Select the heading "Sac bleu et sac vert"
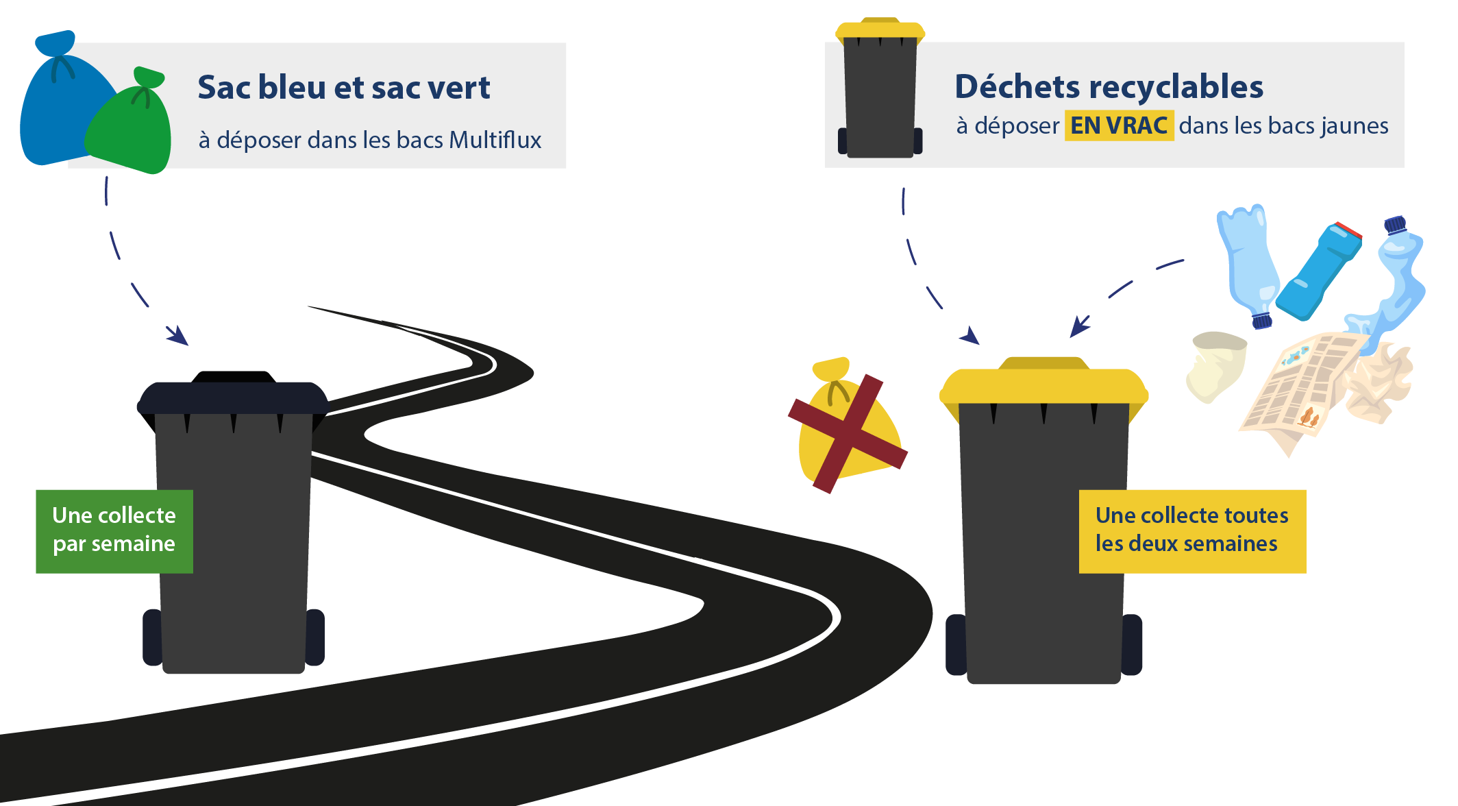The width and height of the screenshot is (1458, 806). pos(344,88)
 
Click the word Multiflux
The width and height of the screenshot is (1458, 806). pos(495,140)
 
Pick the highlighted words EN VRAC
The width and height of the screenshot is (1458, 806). pos(1119,125)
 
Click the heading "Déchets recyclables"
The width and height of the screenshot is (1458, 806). pos(1109,87)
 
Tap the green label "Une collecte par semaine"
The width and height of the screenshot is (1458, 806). pos(114,531)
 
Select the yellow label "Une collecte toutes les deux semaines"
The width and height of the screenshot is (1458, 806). pos(1192,531)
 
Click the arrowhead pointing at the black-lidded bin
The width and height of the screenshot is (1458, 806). pos(178,336)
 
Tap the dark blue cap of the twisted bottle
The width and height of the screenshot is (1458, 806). pos(1395,225)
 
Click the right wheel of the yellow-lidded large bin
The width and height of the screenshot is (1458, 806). pos(1131,644)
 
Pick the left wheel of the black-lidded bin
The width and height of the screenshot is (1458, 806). pos(153,637)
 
